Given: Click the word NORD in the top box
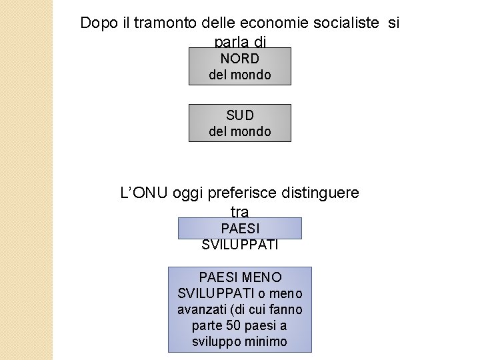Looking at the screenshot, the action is point(240,58).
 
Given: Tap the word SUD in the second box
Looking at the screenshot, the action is point(240,115).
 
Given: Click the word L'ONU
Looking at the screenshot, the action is point(143,193).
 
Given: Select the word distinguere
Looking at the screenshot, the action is point(321,193).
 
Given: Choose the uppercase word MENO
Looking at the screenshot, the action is point(263,277).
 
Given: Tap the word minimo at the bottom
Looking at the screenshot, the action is point(266,342).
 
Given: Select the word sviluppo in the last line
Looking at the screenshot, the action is point(214,342).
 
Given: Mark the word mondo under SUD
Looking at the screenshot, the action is point(249,131).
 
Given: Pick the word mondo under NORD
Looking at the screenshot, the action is point(249,74).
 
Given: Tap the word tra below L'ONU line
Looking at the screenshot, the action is point(239,211).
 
